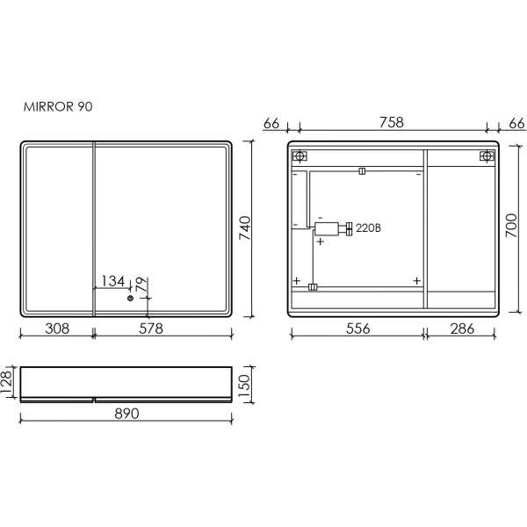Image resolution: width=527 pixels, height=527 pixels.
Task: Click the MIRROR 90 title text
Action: [58, 106]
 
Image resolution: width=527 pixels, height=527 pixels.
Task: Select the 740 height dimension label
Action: [245, 228]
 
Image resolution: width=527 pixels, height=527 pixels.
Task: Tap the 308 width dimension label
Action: [57, 328]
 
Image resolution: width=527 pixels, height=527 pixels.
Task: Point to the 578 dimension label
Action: [151, 328]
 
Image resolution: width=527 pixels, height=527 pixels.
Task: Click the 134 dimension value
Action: [113, 281]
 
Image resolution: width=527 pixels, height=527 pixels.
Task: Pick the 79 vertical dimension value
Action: [141, 285]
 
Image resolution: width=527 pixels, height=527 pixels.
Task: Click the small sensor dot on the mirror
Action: [130, 298]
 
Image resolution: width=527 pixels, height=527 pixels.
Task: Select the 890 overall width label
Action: [126, 414]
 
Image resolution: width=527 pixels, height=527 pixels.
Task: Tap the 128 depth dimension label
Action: [7, 382]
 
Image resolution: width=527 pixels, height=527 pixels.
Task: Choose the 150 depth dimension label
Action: [245, 386]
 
